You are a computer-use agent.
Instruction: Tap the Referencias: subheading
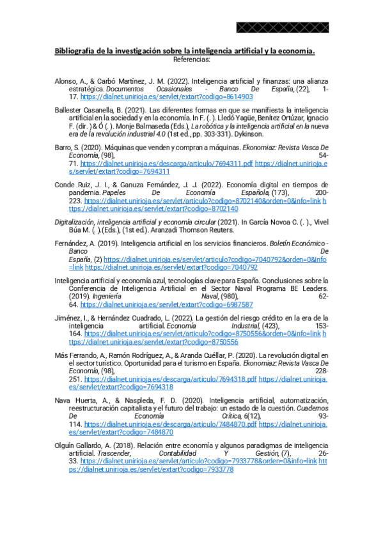191,59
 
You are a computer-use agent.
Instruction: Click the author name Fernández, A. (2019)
82,244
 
